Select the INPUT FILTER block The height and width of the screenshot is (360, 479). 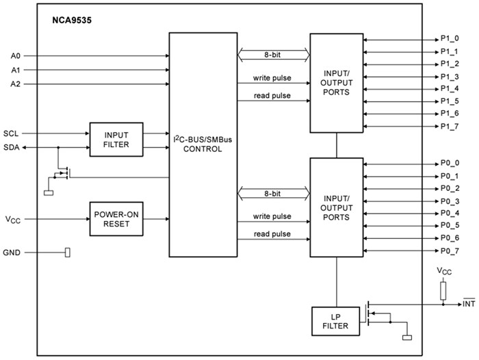[x=116, y=139]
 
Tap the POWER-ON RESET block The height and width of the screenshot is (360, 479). [x=116, y=219]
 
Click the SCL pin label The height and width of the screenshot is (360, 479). [x=12, y=133]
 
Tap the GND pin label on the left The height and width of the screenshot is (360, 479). [x=12, y=253]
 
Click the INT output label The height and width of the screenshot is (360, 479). [x=469, y=303]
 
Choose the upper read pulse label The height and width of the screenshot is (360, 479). [x=272, y=95]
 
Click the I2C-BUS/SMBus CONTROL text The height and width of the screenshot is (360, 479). [x=203, y=144]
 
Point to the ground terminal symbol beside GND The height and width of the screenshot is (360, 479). [x=67, y=253]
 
